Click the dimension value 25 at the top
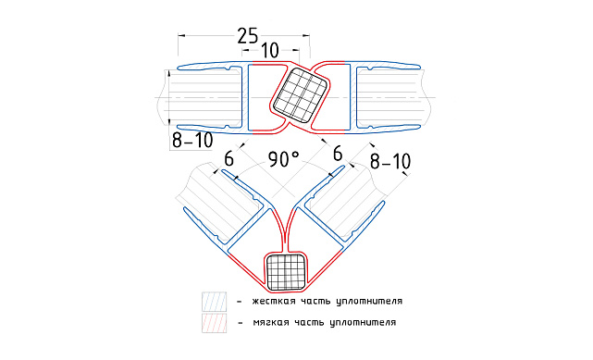coord(248,35)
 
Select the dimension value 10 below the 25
coord(270,50)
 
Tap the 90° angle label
coord(284,159)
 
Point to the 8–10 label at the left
coord(192,141)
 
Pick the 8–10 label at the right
coord(390,161)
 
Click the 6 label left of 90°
coord(229,159)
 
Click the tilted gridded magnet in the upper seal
coord(302,96)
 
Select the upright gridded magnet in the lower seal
coord(286,272)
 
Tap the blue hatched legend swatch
coord(214,302)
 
